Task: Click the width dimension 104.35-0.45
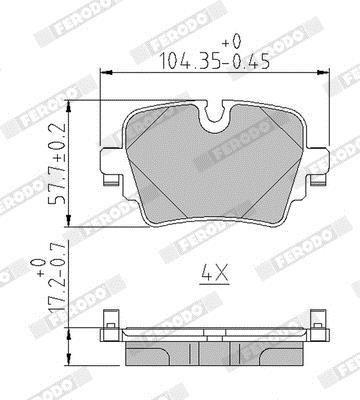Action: tap(215, 61)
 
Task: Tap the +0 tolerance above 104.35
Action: tap(231, 42)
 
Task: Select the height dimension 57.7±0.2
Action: tap(56, 162)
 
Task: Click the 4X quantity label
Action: tap(215, 273)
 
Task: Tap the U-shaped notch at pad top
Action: tap(214, 118)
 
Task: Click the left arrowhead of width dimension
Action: tap(106, 72)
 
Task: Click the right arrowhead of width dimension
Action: tap(324, 72)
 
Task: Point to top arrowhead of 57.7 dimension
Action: tap(69, 106)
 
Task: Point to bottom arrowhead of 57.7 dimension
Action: tap(69, 221)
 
